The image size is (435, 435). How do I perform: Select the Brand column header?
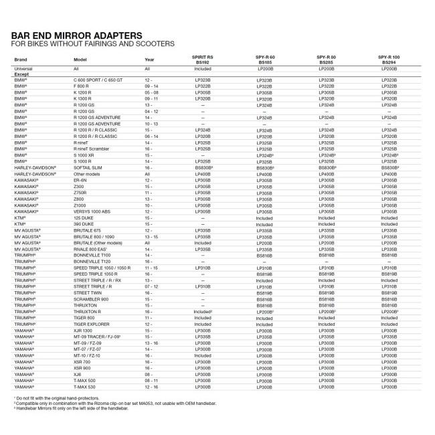[x=21, y=60]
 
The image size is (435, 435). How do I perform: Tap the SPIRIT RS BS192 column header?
[x=202, y=60]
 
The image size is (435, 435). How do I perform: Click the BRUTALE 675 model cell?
[x=89, y=230]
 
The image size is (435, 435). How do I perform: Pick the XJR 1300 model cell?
[x=84, y=331]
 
